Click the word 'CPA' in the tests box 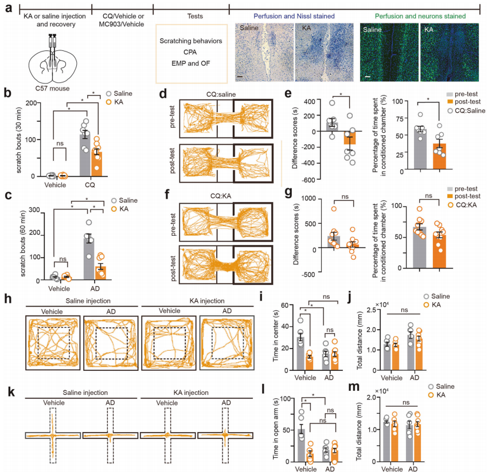point(190,52)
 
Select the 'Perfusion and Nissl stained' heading point(294,16)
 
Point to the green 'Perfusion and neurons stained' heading point(420,16)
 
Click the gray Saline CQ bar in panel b point(85,155)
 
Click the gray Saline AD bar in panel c point(89,259)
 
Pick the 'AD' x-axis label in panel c point(95,288)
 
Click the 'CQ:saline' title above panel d point(221,94)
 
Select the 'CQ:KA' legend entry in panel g point(462,205)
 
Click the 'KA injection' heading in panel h point(207,301)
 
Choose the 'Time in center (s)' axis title point(276,337)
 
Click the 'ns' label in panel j point(404,310)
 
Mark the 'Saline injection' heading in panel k point(85,393)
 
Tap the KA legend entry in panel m point(437,395)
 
